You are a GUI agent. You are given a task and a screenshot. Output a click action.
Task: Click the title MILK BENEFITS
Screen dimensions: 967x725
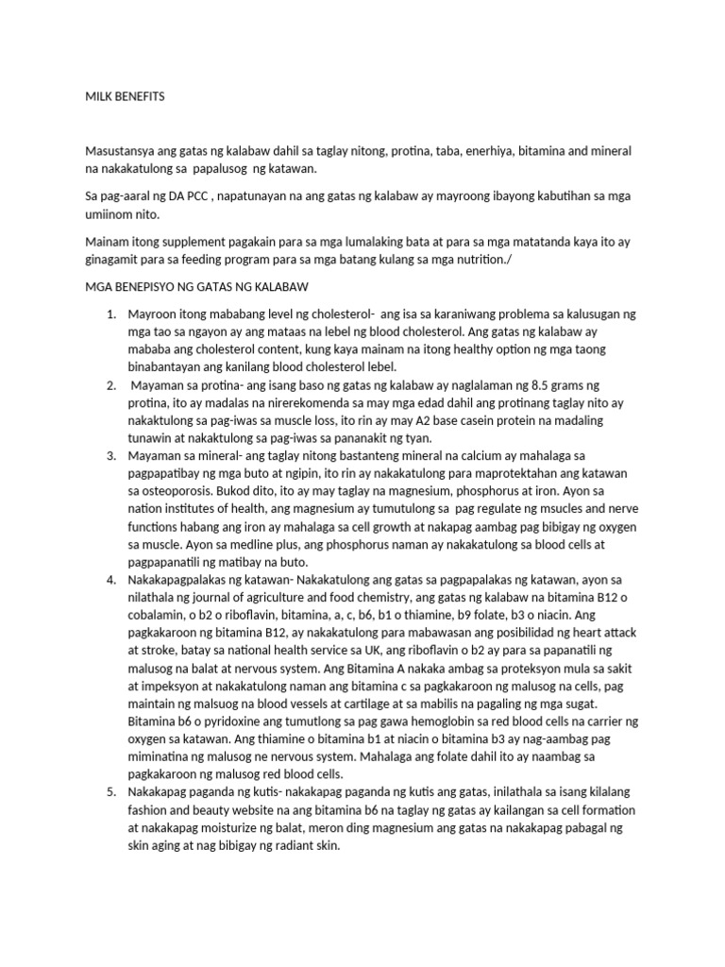click(x=125, y=96)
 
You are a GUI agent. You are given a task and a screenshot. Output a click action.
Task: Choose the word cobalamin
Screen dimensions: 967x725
click(x=161, y=615)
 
